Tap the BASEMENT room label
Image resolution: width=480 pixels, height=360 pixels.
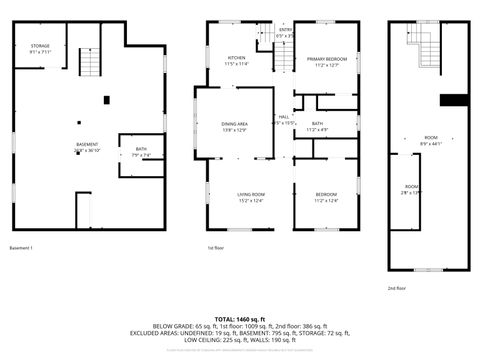pyautogui.click(x=87, y=146)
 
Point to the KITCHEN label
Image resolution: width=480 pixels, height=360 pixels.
pyautogui.click(x=236, y=60)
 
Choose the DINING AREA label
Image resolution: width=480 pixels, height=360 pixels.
pyautogui.click(x=235, y=125)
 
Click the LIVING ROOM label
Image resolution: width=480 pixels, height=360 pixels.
pyautogui.click(x=251, y=196)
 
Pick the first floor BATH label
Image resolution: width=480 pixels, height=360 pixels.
pyautogui.click(x=317, y=126)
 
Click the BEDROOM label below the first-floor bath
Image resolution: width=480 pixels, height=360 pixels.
pyautogui.click(x=326, y=196)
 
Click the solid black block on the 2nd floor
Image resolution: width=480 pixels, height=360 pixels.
pyautogui.click(x=454, y=98)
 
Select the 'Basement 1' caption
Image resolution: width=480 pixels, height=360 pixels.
pyautogui.click(x=22, y=248)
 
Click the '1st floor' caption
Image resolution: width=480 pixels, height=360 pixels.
pyautogui.click(x=216, y=248)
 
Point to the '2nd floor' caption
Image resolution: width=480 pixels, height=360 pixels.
pyautogui.click(x=398, y=287)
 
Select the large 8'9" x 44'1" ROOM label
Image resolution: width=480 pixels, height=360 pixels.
pyautogui.click(x=431, y=139)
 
